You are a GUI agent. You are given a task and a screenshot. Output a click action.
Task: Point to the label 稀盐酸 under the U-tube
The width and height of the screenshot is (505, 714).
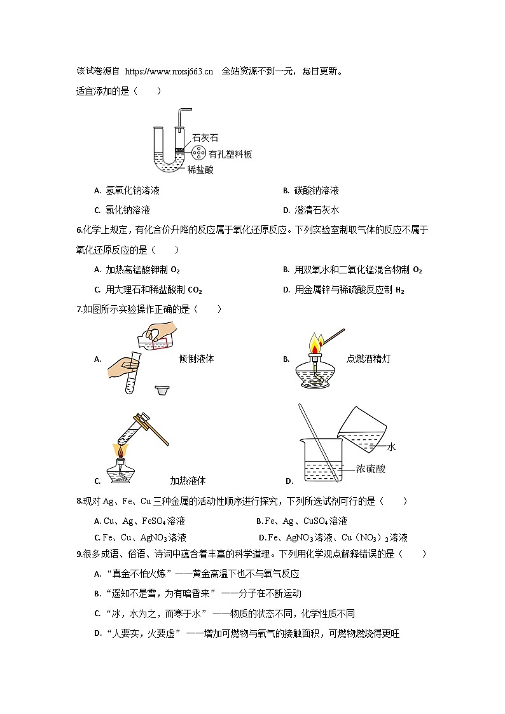pyautogui.click(x=201, y=170)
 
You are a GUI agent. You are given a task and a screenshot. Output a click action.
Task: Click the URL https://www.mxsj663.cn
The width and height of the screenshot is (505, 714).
pyautogui.click(x=169, y=71)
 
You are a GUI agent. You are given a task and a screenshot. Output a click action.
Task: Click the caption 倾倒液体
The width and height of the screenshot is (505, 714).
pyautogui.click(x=197, y=359)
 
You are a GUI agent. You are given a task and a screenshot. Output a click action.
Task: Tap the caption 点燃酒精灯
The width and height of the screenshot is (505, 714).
pyautogui.click(x=368, y=359)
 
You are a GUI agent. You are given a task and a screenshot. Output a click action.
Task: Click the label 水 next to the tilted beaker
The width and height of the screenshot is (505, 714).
pyautogui.click(x=391, y=447)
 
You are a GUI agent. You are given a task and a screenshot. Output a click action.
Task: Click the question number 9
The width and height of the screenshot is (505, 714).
pyautogui.click(x=79, y=554)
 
